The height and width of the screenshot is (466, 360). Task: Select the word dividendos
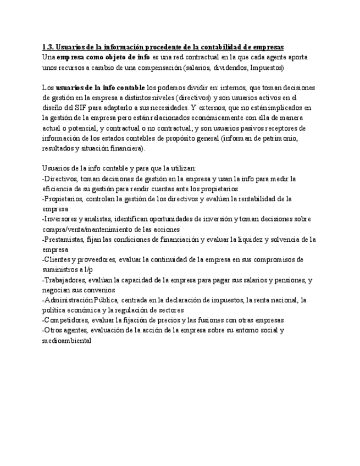(x=228, y=67)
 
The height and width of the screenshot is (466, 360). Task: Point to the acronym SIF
(x=81, y=108)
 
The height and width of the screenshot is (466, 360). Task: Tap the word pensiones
(x=285, y=280)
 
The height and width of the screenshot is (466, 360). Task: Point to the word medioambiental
(x=67, y=340)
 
